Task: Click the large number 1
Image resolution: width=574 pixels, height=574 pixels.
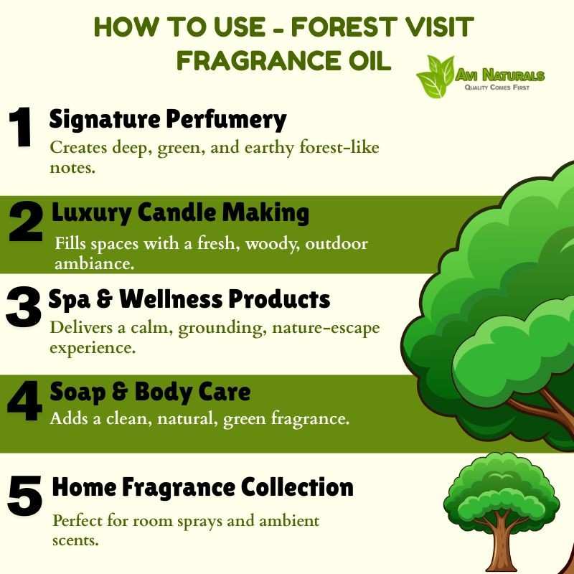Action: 20,127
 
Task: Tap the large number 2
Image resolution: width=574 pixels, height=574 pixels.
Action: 27,222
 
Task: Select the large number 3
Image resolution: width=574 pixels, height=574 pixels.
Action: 24,306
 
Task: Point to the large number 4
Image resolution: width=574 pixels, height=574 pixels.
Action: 25,400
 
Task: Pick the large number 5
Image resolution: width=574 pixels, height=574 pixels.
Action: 25,496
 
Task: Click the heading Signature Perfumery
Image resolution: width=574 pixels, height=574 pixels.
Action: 168,119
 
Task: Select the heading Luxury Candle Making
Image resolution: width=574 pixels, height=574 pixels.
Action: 180,213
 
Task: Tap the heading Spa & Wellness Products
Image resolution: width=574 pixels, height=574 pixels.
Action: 189,299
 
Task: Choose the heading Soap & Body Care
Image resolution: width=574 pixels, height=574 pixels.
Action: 150,392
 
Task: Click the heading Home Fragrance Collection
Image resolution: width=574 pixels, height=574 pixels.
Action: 203,487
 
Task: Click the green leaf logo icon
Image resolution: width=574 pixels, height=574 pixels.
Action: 436,77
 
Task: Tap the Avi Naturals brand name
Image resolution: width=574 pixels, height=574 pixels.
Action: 500,75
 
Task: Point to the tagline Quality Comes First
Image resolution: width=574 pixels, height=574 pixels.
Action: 497,87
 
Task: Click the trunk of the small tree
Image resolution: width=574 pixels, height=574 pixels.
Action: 502,542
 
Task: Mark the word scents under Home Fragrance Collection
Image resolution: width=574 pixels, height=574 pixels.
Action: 75,541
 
